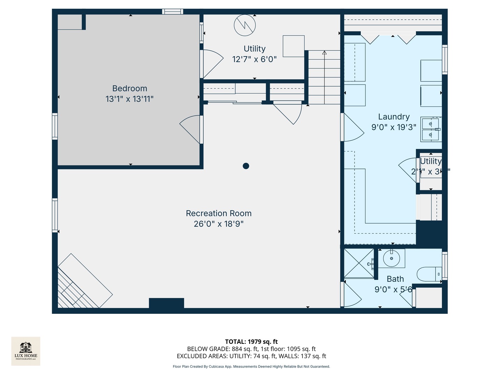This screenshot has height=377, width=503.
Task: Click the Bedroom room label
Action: click(x=130, y=88)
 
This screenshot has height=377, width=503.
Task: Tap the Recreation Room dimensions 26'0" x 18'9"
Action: click(x=219, y=224)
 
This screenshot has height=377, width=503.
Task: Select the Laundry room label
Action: click(x=394, y=117)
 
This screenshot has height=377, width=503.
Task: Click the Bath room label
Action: click(x=395, y=279)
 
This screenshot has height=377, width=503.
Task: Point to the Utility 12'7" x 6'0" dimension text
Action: click(x=254, y=59)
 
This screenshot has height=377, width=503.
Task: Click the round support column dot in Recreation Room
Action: click(x=246, y=166)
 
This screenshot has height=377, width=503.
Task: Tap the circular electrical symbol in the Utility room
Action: click(x=245, y=25)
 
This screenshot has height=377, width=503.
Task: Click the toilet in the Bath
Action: click(x=429, y=274)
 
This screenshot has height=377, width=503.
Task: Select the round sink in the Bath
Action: click(x=391, y=258)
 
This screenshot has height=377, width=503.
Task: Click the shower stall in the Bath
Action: click(x=359, y=263)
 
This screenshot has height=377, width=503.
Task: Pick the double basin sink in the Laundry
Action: click(x=431, y=129)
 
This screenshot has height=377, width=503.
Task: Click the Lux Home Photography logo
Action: click(x=26, y=351)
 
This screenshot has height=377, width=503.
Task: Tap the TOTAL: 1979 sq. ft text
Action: click(x=251, y=342)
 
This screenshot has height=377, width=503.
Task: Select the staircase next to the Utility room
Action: click(x=324, y=77)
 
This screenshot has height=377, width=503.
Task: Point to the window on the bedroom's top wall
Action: click(x=173, y=12)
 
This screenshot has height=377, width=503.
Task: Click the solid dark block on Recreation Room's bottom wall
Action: click(x=166, y=303)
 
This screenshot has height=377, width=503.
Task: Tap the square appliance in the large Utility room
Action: click(x=293, y=46)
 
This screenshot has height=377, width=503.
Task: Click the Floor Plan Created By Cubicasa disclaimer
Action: click(x=251, y=367)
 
